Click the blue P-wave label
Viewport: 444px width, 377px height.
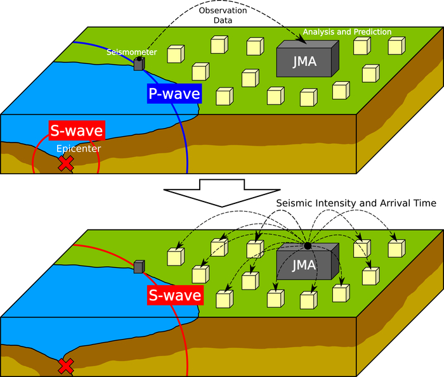pos(174,94)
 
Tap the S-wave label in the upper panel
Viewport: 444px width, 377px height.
pos(77,131)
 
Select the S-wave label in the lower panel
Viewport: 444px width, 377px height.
pos(174,295)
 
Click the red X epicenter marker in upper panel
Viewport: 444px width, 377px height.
pos(65,163)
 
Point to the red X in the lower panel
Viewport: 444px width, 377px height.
pos(65,366)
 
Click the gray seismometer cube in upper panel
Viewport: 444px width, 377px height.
pos(138,63)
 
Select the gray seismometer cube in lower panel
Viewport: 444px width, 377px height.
pos(139,267)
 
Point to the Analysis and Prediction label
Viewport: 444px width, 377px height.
pos(347,32)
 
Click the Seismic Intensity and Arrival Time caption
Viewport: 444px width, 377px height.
pos(356,203)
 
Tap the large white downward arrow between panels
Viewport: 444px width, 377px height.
pos(222,193)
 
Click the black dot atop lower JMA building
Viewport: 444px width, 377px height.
pos(307,245)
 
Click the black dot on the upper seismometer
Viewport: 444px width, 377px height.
pos(140,58)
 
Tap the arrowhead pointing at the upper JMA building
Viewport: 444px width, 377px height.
pos(304,41)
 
